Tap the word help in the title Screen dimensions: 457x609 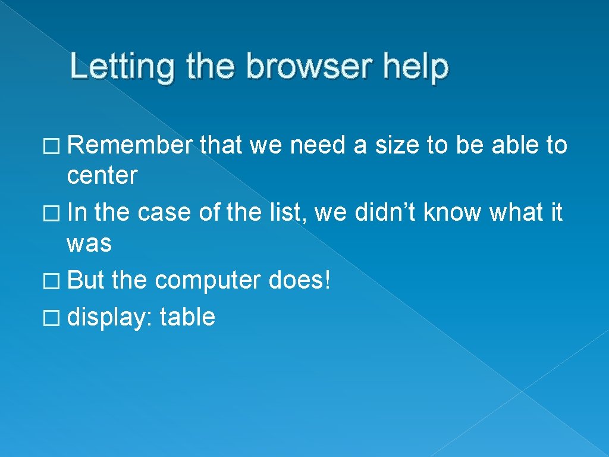coord(416,67)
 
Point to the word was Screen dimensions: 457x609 coord(89,243)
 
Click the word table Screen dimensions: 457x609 coord(187,317)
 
